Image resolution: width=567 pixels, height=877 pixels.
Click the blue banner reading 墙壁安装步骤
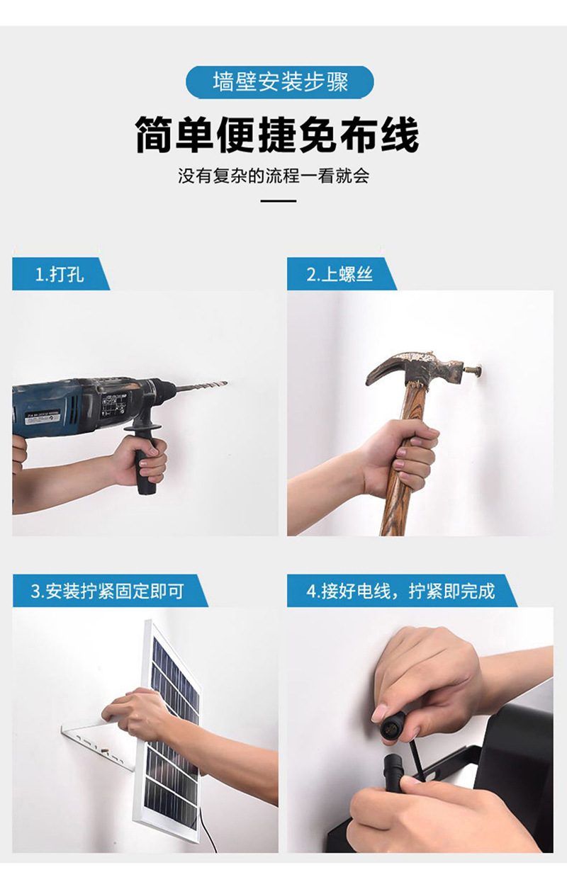[279, 82]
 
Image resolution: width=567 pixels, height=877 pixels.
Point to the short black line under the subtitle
[279, 201]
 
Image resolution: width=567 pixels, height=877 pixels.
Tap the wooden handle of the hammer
[398, 489]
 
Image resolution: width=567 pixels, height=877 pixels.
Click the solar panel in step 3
[171, 730]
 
